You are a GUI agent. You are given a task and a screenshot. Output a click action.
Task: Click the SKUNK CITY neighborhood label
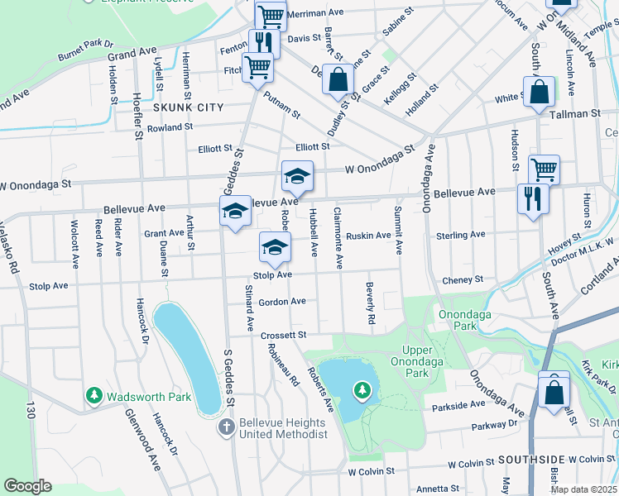click(188, 107)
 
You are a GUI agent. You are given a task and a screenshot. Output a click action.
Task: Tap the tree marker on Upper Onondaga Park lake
click(361, 389)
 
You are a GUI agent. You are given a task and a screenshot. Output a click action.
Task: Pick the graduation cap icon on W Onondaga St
click(297, 175)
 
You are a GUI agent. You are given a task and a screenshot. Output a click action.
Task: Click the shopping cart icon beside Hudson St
click(544, 169)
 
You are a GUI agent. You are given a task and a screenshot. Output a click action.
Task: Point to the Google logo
click(27, 485)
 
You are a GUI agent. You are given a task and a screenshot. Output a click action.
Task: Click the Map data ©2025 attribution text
click(583, 489)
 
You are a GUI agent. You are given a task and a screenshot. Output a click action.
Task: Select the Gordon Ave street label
click(282, 302)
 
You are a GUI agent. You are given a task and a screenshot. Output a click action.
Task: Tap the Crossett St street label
click(284, 335)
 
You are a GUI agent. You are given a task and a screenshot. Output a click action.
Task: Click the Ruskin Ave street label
click(368, 236)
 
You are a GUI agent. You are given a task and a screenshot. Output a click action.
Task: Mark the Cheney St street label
click(463, 280)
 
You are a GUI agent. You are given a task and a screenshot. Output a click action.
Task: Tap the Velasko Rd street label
click(9, 247)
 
